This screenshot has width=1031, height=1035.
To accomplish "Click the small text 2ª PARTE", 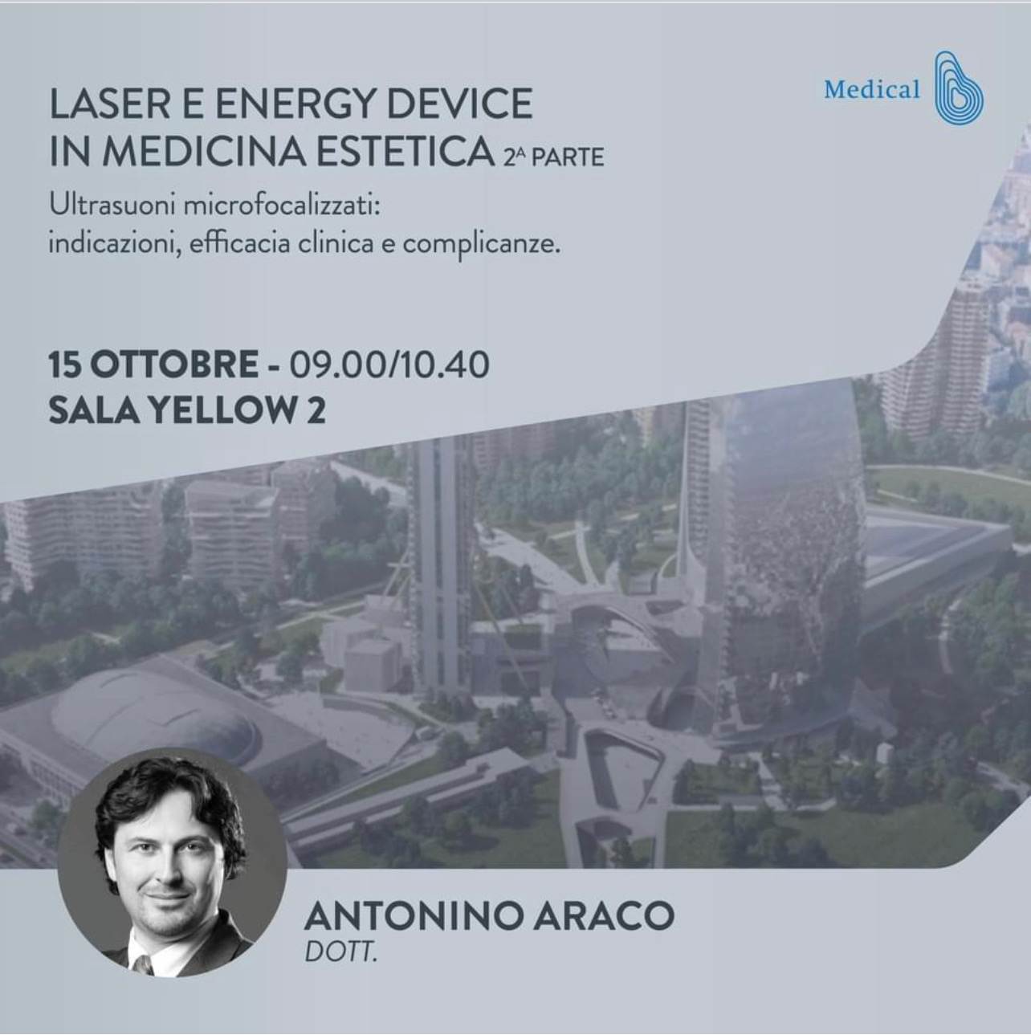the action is point(553,157).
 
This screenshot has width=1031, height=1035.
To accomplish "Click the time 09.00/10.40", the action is point(389,365).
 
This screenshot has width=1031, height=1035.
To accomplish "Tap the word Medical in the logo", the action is point(872,90).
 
